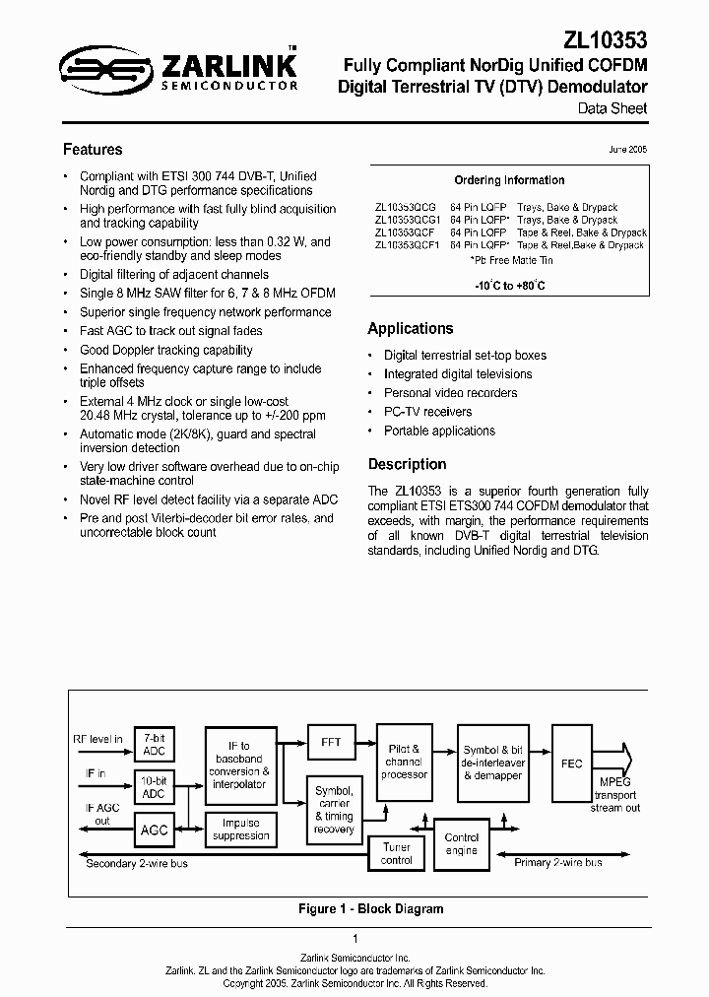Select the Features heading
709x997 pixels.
tap(93, 150)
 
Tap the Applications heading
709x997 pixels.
tap(411, 329)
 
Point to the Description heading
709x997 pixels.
tap(407, 464)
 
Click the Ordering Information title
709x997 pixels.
tap(509, 180)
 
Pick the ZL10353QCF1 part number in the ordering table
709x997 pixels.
tap(407, 245)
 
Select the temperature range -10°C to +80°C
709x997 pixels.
tap(509, 285)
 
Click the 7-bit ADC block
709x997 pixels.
tap(154, 745)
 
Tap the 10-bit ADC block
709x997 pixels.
tap(154, 787)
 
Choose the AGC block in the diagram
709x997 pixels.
tap(154, 830)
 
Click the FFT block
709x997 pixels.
tap(331, 742)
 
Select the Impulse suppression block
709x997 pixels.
tap(240, 830)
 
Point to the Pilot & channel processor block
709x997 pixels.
tap(404, 762)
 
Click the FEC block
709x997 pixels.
tap(571, 764)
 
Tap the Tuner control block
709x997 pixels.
tap(397, 853)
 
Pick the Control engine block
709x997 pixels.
tap(462, 843)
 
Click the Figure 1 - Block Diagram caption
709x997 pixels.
tap(370, 909)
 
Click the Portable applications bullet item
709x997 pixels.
tap(439, 432)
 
